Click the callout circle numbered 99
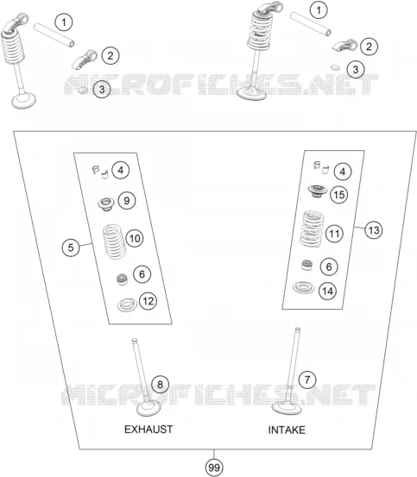point(214,468)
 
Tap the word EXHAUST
point(148,430)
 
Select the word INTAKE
point(287,430)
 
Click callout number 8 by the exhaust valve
point(160,384)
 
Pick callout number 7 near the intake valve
point(307,380)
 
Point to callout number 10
point(135,238)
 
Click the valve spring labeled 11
point(313,229)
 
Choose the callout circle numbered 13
point(374,230)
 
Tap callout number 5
point(71,248)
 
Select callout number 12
point(148,301)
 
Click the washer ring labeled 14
point(303,287)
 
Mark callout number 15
point(339,195)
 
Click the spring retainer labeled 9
point(106,204)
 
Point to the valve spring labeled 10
point(115,242)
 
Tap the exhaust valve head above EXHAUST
point(148,408)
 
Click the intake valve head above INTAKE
point(287,408)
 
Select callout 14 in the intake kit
point(327,292)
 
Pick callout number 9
point(127,200)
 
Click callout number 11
point(334,234)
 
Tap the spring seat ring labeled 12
point(127,304)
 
